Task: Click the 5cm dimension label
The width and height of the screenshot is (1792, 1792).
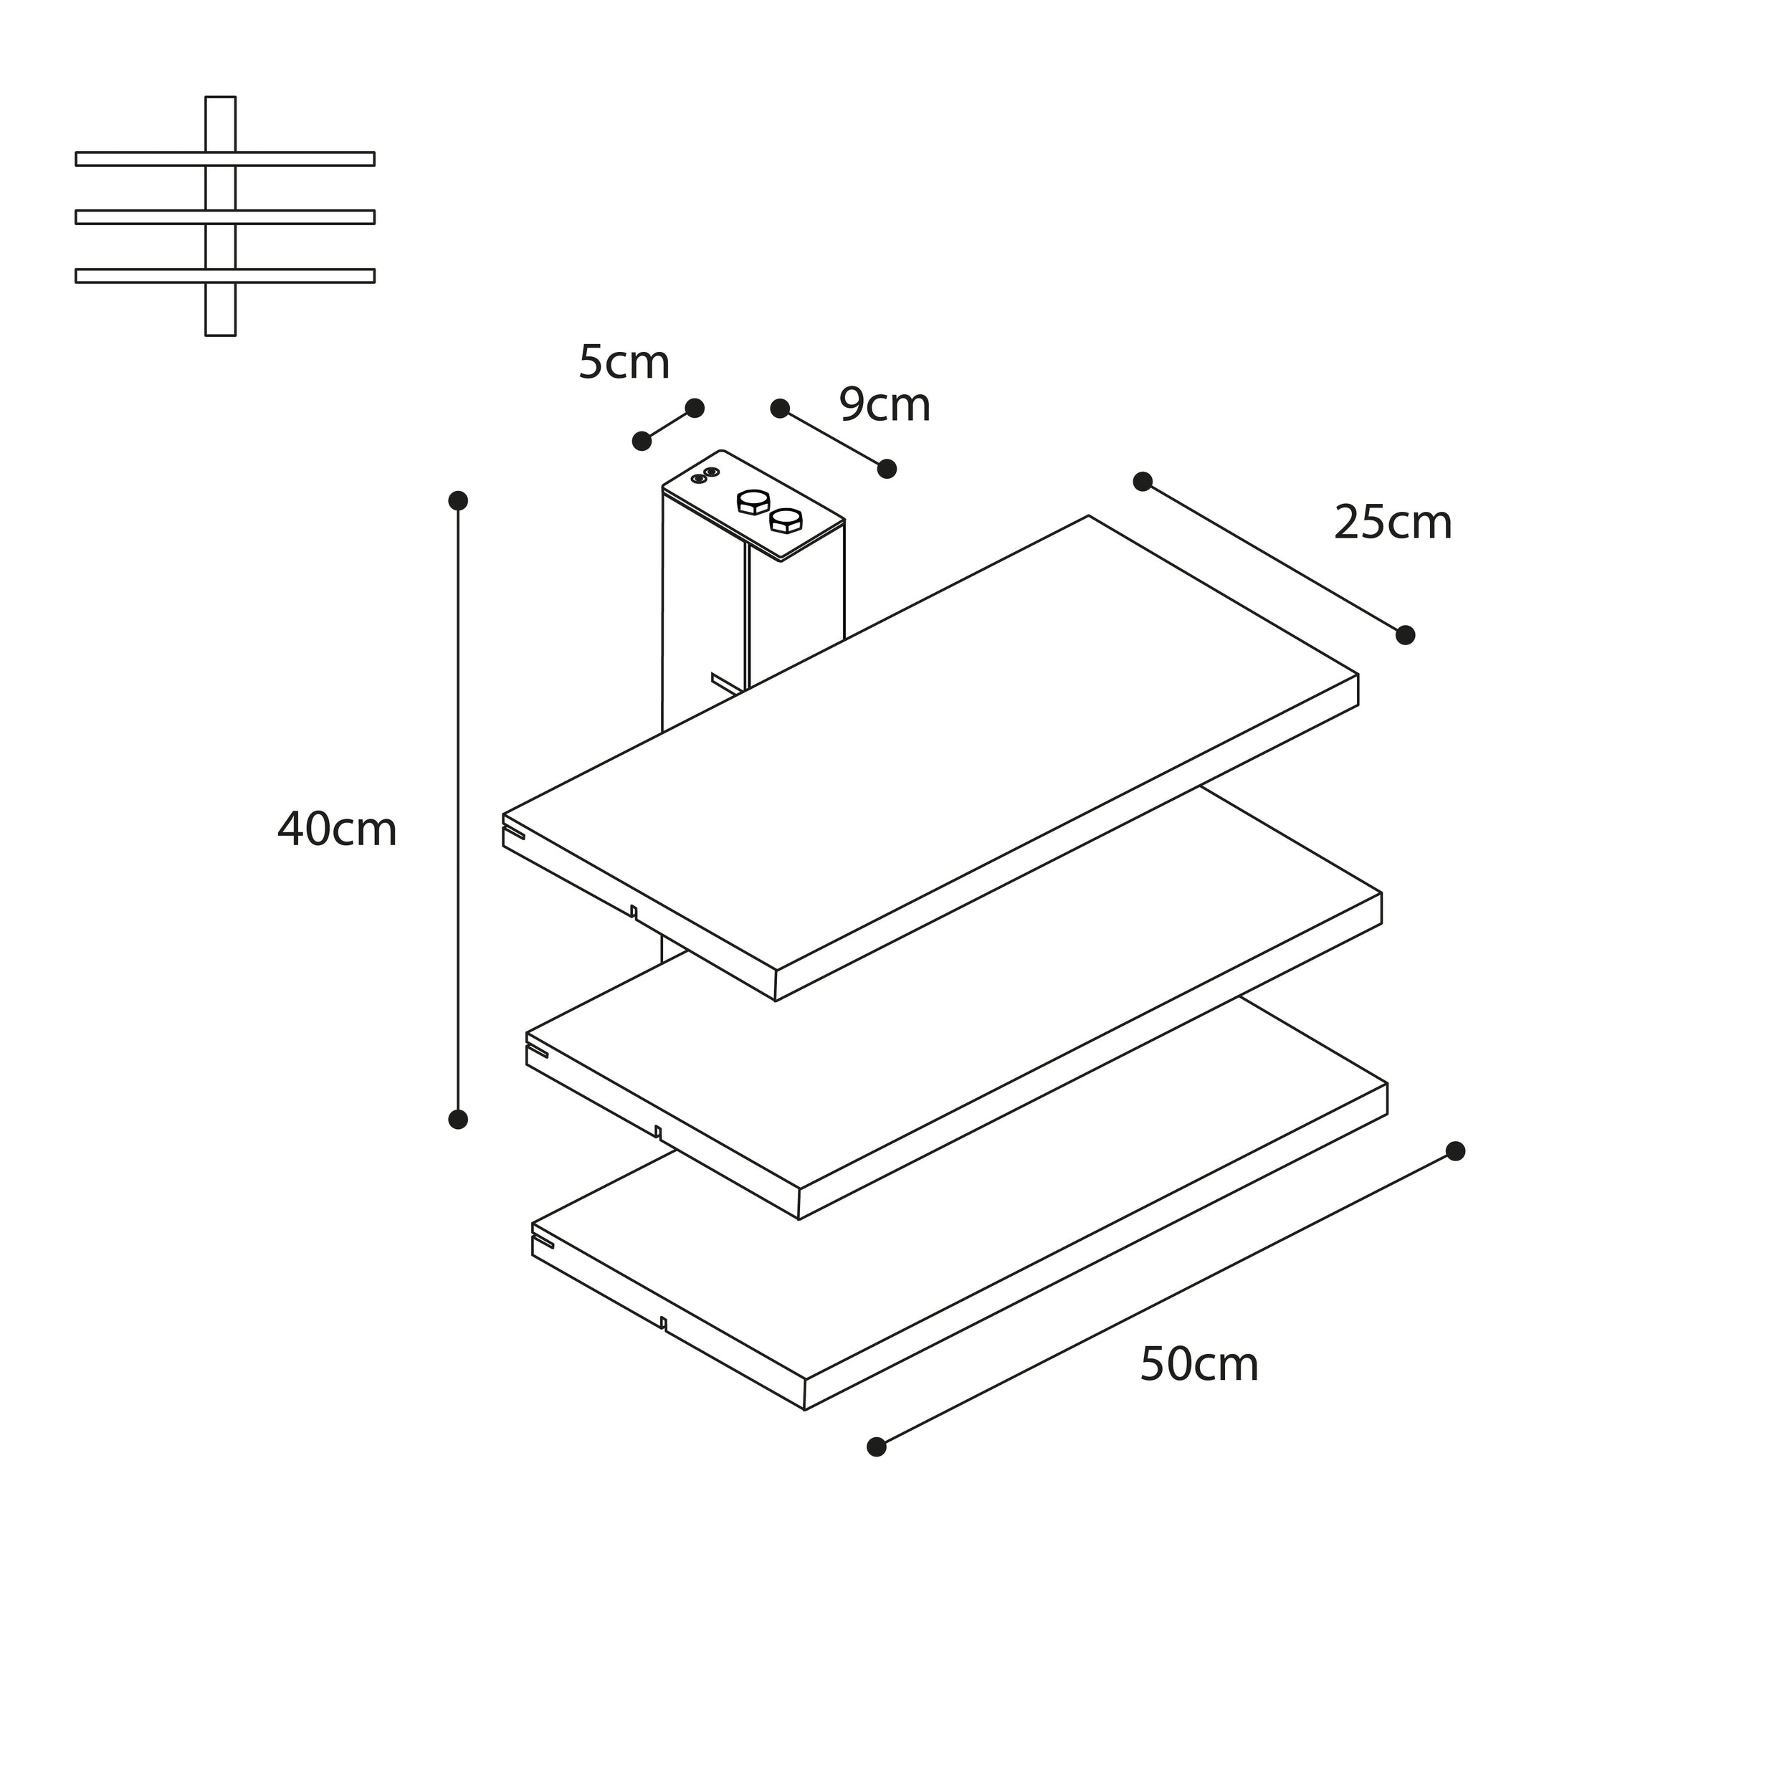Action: [x=624, y=363]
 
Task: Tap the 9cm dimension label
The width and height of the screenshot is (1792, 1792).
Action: [x=884, y=405]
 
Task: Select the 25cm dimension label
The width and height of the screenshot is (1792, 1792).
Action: [x=1392, y=523]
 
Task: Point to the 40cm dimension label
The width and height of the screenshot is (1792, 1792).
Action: [x=337, y=829]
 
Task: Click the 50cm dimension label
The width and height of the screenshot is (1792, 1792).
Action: [x=1198, y=1364]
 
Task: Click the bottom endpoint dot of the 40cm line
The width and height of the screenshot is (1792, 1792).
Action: [x=458, y=1120]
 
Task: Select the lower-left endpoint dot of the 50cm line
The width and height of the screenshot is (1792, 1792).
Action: [x=877, y=1447]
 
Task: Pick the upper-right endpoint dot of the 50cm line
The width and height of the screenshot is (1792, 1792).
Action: [x=1455, y=1151]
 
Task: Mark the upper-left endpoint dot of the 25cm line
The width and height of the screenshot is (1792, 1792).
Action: [x=1143, y=482]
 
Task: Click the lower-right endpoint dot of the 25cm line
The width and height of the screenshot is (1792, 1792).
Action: [x=1405, y=635]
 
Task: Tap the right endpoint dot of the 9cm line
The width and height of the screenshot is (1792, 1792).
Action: [x=887, y=468]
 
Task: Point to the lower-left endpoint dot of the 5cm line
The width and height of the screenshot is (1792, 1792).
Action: [x=642, y=441]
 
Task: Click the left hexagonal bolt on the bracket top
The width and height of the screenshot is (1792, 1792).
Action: [x=752, y=502]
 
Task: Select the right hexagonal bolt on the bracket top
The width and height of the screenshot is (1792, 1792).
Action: [x=786, y=520]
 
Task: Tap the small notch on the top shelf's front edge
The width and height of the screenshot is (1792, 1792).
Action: [x=634, y=912]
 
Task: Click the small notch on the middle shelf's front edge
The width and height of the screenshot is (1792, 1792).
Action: [x=657, y=1132]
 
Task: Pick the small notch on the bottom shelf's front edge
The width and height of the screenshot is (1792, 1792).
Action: [x=663, y=1322]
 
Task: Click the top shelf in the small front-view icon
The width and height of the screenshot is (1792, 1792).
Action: [x=224, y=158]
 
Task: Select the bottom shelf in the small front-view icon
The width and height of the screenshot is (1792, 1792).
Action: [x=224, y=275]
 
